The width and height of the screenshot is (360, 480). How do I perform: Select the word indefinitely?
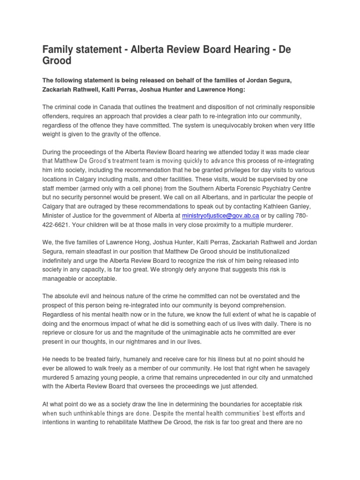(62, 260)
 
